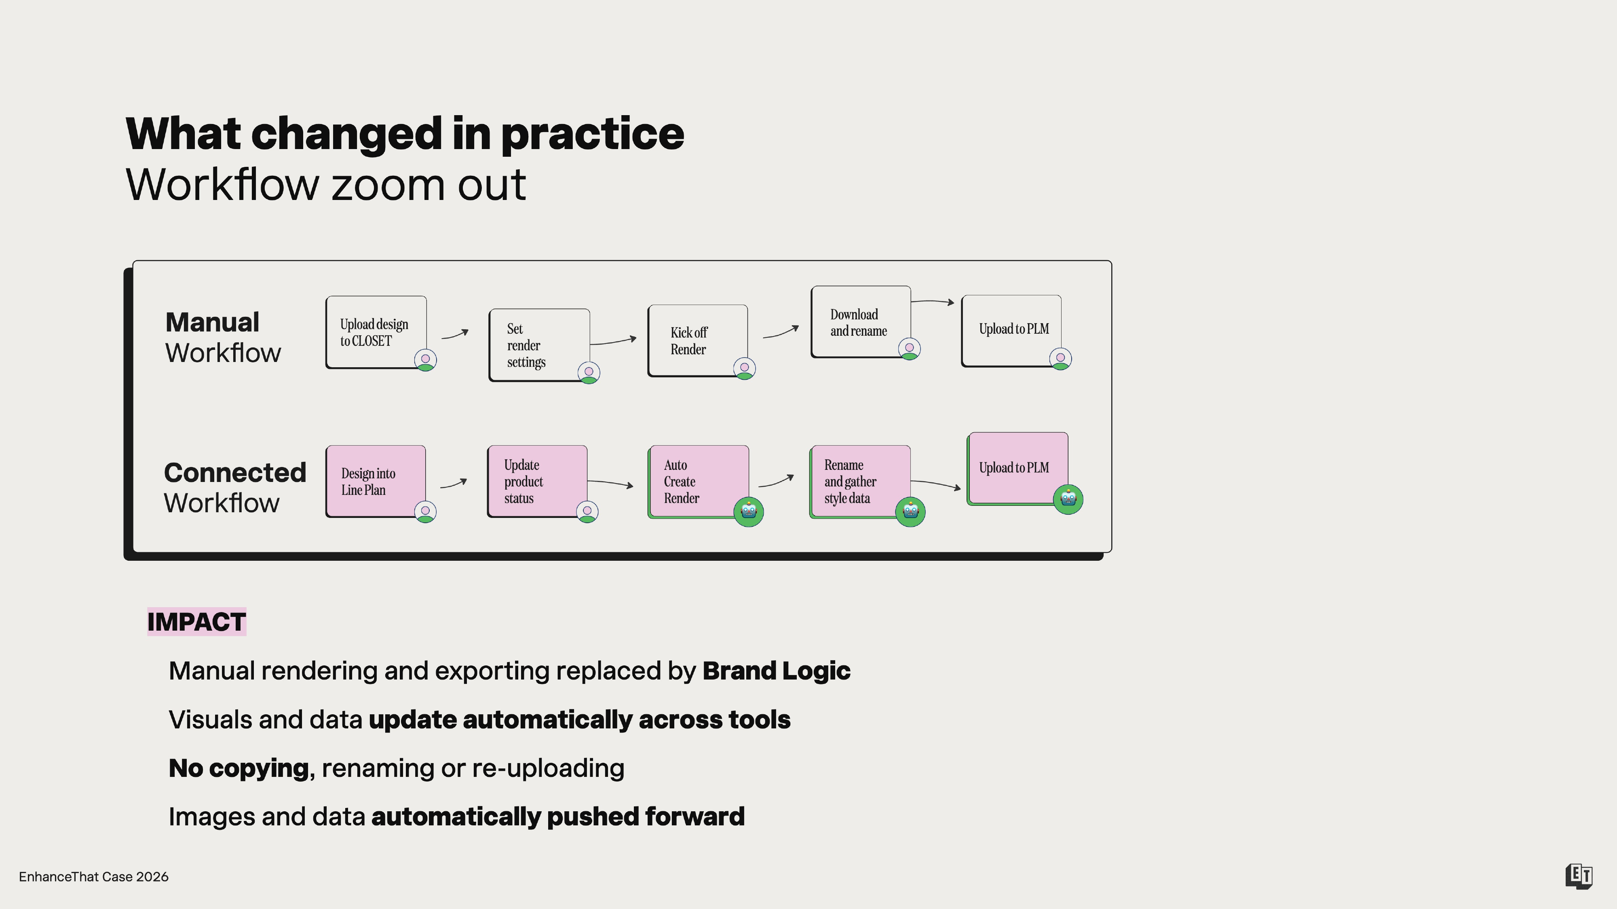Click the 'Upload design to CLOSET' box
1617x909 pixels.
(376, 332)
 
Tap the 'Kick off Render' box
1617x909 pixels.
(697, 341)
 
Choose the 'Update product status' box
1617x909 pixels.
(537, 481)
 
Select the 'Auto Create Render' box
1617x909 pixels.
(699, 481)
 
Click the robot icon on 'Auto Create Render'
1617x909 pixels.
(749, 512)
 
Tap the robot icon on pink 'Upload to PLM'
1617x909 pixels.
(1068, 499)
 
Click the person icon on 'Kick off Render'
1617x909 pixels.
(745, 368)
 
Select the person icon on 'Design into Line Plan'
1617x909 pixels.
(426, 512)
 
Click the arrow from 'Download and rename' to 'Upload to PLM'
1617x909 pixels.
(933, 302)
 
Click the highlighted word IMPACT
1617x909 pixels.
(196, 622)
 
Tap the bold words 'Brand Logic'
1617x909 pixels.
(777, 671)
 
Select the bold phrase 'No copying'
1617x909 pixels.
(239, 768)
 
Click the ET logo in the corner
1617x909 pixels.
(1578, 876)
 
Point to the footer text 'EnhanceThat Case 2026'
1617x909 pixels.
(93, 876)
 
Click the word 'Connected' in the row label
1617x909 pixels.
(235, 472)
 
